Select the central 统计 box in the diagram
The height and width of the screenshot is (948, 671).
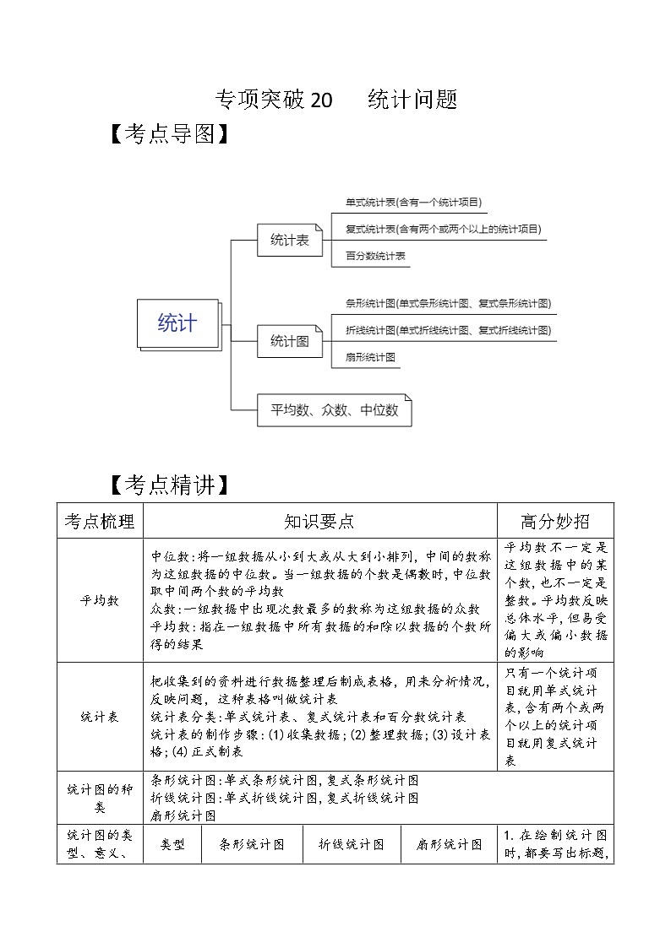[x=177, y=322]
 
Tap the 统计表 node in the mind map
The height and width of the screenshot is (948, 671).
[x=289, y=241]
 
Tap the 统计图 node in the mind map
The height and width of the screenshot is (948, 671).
[x=289, y=341]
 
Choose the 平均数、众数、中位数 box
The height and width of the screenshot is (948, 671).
[x=334, y=410]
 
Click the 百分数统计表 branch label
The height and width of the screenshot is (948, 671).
[x=375, y=255]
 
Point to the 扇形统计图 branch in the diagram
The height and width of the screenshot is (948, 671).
[x=371, y=357]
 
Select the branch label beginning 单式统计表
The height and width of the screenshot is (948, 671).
[x=413, y=203]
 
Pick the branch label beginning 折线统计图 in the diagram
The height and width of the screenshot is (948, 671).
[x=448, y=330]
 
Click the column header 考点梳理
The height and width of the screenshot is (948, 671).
[x=100, y=522]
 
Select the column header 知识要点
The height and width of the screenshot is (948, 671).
[x=319, y=522]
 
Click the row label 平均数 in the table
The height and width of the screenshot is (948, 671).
[x=100, y=600]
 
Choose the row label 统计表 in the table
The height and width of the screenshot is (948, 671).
[x=100, y=716]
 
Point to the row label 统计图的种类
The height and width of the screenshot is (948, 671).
[x=100, y=798]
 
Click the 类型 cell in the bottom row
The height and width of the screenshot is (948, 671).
[x=173, y=844]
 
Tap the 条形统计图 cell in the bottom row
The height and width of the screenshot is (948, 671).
[x=252, y=844]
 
